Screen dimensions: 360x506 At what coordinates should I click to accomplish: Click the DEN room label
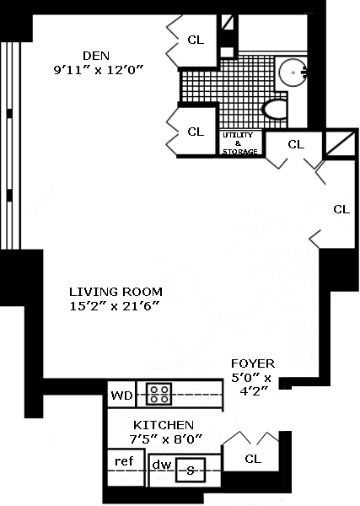pos(96,56)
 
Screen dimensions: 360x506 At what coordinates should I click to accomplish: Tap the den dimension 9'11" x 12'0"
pos(98,70)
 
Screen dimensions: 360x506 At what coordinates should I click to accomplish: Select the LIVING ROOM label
pos(116,292)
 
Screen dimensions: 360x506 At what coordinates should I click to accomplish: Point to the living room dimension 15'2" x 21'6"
pos(115,306)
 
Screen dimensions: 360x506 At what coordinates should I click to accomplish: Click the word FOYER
pos(253,363)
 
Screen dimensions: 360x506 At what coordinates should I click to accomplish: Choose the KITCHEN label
pos(164,425)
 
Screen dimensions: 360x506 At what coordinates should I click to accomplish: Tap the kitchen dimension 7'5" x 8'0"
pos(166,439)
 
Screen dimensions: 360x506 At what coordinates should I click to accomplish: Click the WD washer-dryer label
pos(121,396)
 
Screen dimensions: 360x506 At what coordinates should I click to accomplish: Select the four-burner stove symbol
pos(159,394)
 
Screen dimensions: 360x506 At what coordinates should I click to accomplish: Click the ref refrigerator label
pos(124,461)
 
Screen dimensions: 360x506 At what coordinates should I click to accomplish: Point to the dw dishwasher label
pos(162,465)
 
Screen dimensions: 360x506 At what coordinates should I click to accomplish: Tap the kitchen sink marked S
pos(191,471)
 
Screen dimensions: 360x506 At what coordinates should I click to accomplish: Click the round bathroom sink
pos(293,73)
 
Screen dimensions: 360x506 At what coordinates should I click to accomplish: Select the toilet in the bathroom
pos(276,110)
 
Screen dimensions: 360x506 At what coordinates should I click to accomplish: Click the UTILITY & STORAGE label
pos(239,143)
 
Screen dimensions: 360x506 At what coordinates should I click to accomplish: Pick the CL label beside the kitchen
pos(253,459)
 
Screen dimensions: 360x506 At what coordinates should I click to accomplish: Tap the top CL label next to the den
pos(196,40)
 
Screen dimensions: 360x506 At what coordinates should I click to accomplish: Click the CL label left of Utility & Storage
pos(196,132)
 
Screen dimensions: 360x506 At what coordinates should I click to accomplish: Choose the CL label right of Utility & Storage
pos(296,144)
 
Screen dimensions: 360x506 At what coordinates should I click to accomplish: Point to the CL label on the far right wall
pos(341,209)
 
